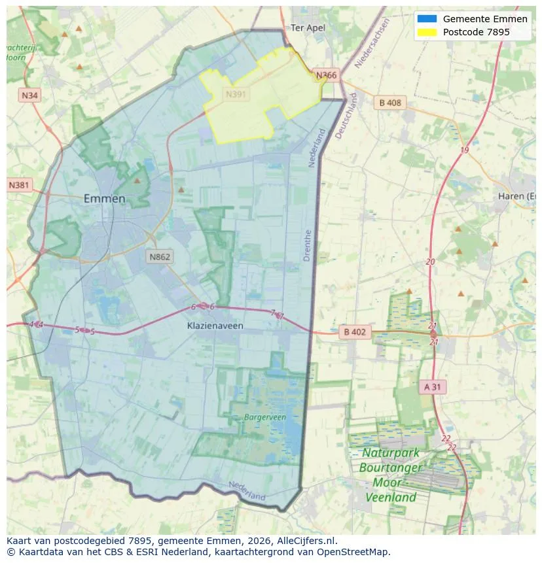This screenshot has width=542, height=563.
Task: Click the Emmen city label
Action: tap(104, 198)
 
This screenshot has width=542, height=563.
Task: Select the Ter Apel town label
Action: tap(308, 27)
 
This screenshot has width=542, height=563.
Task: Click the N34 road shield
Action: tap(29, 95)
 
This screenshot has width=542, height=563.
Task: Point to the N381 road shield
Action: tap(19, 185)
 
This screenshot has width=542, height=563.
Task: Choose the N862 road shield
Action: tap(159, 256)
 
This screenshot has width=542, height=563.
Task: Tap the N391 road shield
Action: tap(236, 94)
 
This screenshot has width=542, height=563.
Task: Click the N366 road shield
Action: tap(326, 75)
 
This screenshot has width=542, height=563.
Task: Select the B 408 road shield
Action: tap(389, 103)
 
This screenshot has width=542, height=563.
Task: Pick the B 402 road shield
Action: tap(355, 332)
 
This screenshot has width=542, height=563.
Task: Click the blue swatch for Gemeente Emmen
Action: tap(426, 19)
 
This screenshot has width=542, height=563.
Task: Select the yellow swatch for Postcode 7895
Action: tap(426, 32)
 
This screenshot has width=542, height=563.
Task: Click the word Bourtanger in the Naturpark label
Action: tap(391, 468)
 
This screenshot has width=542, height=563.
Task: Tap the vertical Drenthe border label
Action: tap(308, 245)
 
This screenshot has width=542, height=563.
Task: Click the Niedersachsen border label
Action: tap(371, 43)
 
